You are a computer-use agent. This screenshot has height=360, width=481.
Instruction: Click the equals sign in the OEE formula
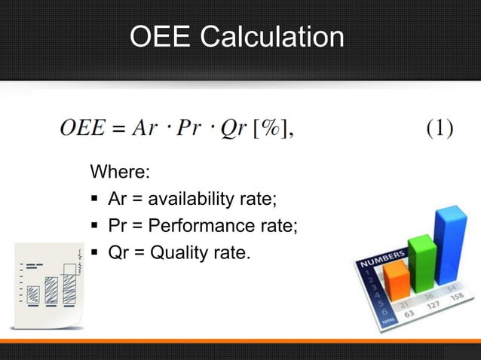[117, 129]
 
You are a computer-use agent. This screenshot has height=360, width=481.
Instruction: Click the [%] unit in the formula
[271, 129]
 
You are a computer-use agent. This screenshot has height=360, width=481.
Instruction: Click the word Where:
[120, 172]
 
